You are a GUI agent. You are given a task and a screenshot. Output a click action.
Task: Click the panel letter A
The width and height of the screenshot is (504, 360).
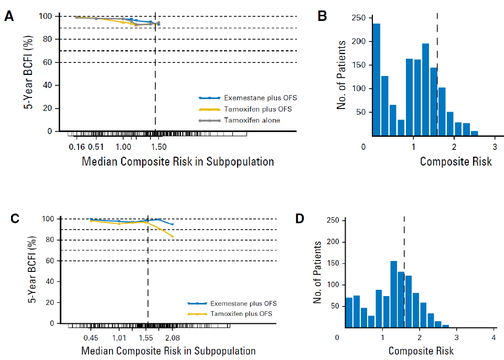pos(9,16)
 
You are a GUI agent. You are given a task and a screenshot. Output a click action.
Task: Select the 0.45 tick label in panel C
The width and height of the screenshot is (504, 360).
pos(92,339)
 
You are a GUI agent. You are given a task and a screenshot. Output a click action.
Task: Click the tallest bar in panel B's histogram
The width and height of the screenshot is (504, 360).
pos(377,78)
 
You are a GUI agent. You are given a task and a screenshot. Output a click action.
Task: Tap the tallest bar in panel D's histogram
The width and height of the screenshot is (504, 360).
pos(394,294)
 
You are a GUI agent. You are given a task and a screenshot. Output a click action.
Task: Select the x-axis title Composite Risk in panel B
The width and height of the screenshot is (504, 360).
pos(456,161)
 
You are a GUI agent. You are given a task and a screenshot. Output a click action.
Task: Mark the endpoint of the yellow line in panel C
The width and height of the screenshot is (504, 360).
pos(173,237)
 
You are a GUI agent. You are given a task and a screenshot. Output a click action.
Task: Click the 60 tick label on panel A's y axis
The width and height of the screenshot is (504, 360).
pos(48,62)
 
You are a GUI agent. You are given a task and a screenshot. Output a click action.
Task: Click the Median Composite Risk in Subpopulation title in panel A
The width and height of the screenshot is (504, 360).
pos(178,161)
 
